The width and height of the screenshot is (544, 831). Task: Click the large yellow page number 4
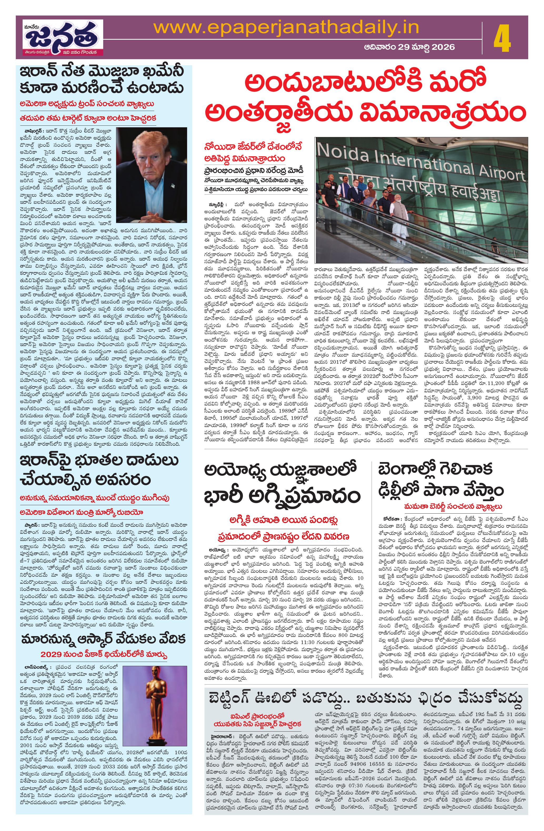502,41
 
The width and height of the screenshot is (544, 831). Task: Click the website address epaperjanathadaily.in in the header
286,28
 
